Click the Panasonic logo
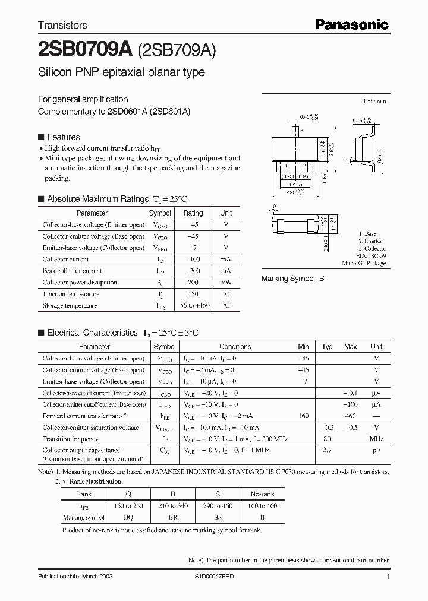point(351,24)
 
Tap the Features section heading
point(64,137)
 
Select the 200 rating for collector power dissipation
point(193,283)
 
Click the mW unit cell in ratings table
point(226,283)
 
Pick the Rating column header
point(193,213)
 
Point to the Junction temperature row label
point(65,294)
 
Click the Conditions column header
point(235,347)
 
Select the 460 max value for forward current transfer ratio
point(351,416)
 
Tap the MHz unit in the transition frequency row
point(376,439)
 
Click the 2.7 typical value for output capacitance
point(327,451)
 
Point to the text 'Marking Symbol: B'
point(293,279)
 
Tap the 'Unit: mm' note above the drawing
point(374,102)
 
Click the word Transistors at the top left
point(62,25)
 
